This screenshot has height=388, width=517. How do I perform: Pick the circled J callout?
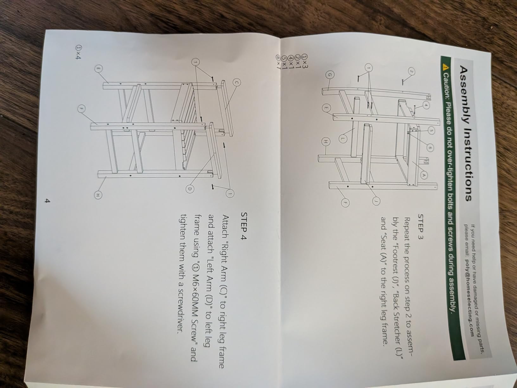pos(376,200)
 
